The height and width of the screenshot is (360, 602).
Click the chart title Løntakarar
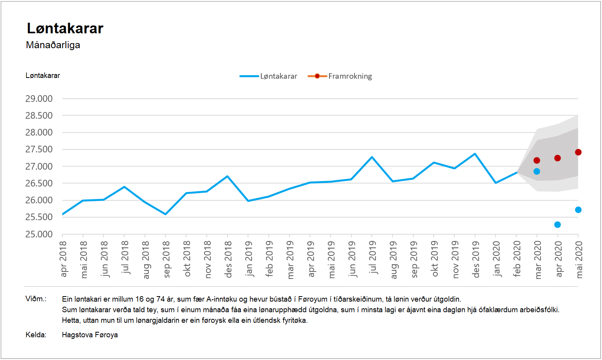click(x=65, y=29)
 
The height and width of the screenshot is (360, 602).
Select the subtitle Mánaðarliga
click(x=53, y=45)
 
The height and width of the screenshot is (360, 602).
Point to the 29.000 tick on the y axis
click(x=39, y=99)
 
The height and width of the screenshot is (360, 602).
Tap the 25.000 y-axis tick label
click(x=39, y=234)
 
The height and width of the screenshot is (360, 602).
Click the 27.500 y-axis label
click(x=39, y=149)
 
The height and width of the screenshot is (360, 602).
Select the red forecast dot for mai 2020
click(x=578, y=152)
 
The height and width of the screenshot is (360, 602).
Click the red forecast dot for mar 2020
click(x=537, y=160)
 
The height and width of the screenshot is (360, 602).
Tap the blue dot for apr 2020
click(x=557, y=224)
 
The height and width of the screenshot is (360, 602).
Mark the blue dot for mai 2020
click(x=578, y=210)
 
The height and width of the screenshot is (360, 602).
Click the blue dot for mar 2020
click(x=537, y=171)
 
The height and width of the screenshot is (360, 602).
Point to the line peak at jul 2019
click(x=372, y=157)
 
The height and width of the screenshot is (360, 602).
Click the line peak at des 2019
click(x=475, y=154)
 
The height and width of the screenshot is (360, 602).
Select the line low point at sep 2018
click(x=166, y=214)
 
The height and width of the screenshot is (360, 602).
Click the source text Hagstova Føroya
click(x=90, y=335)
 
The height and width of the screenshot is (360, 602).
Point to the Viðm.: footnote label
click(x=36, y=299)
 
